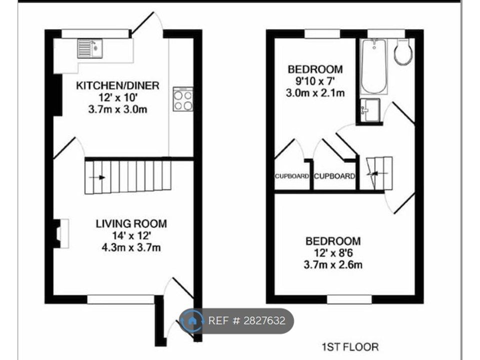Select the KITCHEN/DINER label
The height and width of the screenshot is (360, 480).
pyautogui.click(x=117, y=85)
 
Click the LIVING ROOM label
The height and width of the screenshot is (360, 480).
pyautogui.click(x=131, y=223)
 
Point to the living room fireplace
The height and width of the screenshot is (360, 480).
pyautogui.click(x=59, y=233)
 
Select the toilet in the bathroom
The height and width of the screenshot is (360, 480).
pyautogui.click(x=403, y=52)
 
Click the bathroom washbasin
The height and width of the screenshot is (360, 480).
pyautogui.click(x=369, y=109)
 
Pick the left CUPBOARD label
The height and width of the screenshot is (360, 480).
pyautogui.click(x=291, y=176)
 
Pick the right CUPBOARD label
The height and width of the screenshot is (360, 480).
pyautogui.click(x=334, y=176)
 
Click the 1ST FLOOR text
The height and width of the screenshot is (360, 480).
pyautogui.click(x=350, y=346)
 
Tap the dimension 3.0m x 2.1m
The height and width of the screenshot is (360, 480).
pyautogui.click(x=315, y=92)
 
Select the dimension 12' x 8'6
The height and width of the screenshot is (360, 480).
pyautogui.click(x=333, y=253)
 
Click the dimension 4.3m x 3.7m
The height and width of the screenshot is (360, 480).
pyautogui.click(x=131, y=247)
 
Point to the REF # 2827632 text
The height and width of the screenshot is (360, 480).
pyautogui.click(x=246, y=320)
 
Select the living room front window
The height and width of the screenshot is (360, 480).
pyautogui.click(x=121, y=299)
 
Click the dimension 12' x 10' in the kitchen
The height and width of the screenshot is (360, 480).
pyautogui.click(x=117, y=97)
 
